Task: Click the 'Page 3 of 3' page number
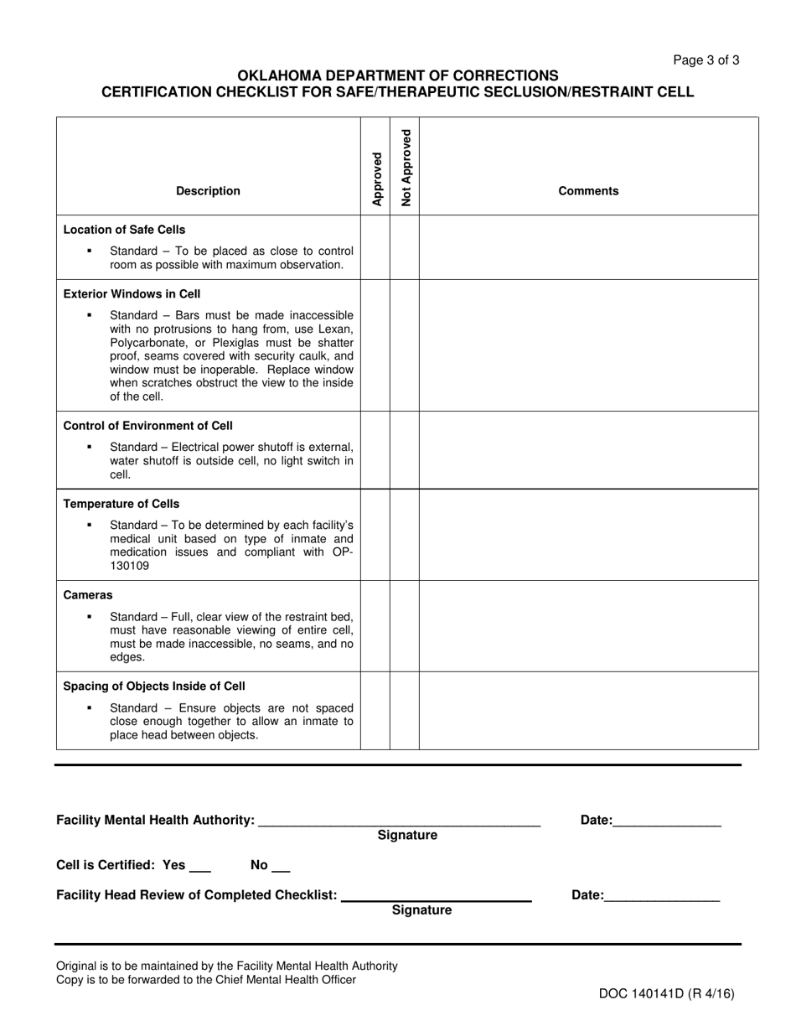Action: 706,60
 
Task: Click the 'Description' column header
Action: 208,191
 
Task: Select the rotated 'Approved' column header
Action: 376,179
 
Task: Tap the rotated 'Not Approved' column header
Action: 406,168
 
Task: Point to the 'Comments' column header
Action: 588,191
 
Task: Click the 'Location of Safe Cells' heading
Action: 125,230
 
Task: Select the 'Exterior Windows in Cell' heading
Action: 132,294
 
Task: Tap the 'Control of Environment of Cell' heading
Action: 148,426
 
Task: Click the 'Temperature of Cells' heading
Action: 121,504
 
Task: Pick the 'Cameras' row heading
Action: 88,595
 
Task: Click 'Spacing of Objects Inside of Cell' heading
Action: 154,686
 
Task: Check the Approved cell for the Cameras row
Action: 375,625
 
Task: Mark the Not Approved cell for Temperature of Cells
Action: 405,535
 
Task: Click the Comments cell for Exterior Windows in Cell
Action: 588,345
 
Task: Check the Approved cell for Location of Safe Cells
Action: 375,247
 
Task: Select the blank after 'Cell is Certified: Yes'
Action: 200,868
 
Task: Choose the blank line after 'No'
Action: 281,868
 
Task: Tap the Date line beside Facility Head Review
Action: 661,898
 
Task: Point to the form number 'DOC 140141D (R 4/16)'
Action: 666,994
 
